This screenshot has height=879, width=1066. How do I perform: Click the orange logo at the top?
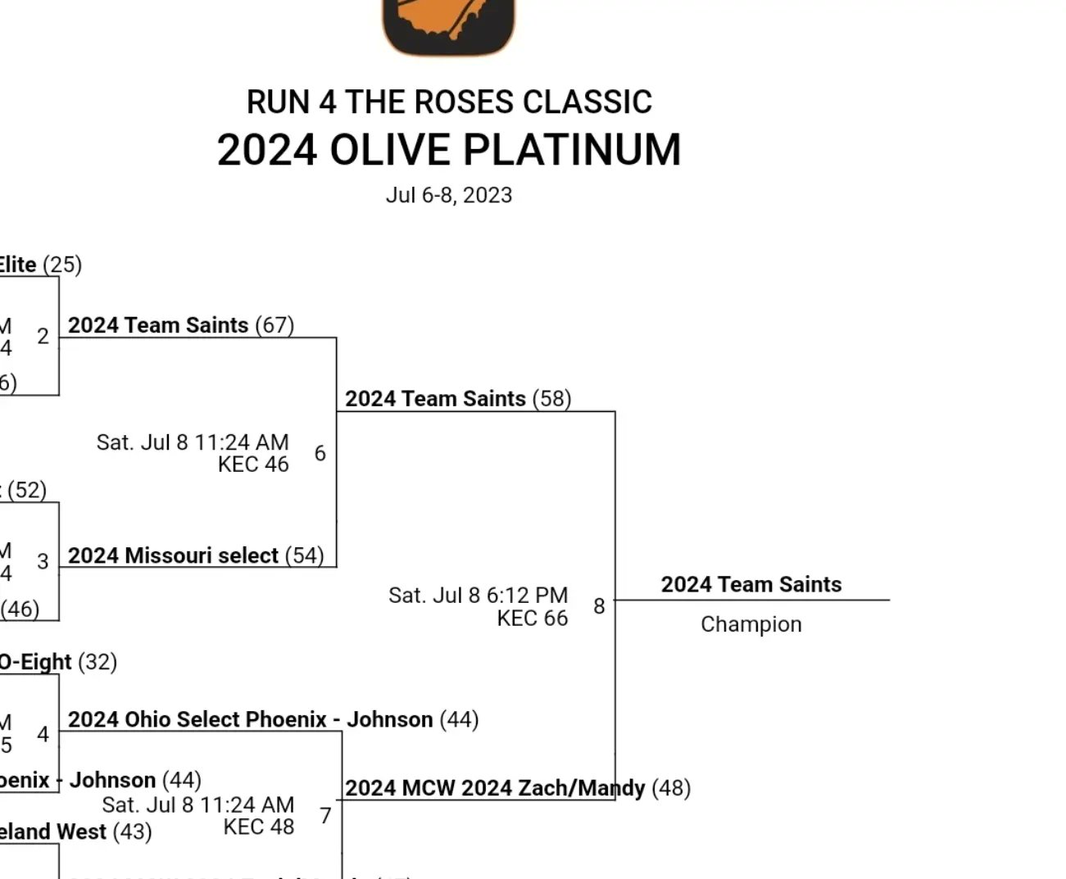(449, 25)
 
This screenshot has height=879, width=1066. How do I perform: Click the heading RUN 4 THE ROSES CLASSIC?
(449, 102)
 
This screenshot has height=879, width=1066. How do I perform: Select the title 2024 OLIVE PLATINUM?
(449, 150)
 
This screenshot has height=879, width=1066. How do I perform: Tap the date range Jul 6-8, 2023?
(449, 196)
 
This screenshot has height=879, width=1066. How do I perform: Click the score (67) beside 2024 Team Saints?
(274, 325)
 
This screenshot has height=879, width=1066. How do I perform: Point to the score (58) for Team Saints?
(551, 399)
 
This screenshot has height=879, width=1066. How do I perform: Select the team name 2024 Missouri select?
(173, 555)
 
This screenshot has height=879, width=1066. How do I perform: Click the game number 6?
(320, 453)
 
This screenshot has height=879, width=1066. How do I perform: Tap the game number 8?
(599, 606)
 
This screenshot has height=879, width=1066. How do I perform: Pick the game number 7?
(325, 816)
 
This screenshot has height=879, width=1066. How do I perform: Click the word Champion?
(751, 624)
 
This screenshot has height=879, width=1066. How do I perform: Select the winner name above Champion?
(751, 584)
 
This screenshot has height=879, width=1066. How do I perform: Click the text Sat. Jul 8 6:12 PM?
(478, 595)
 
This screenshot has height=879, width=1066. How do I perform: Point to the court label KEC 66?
(532, 618)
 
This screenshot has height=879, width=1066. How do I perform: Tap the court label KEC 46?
(253, 464)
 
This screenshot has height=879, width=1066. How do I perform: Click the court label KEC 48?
(258, 827)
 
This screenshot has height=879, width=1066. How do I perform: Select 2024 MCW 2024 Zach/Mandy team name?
(495, 788)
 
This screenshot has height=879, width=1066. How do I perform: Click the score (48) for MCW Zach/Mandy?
(671, 788)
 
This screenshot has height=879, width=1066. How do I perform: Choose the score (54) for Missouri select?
(305, 555)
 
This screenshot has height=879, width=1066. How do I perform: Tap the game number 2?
(43, 336)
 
